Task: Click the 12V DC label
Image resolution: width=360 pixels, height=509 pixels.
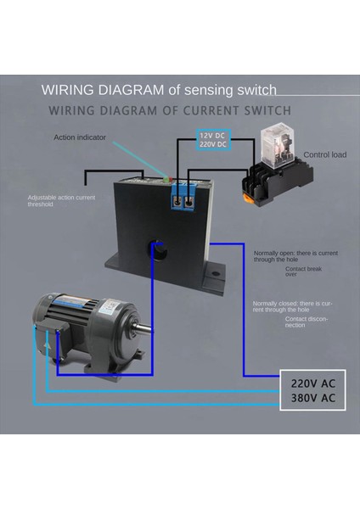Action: (x=212, y=136)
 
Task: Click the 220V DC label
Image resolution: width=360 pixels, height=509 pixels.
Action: (x=212, y=144)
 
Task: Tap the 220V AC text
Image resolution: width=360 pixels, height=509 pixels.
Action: (x=312, y=383)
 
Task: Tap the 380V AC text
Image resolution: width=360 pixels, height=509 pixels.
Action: (x=312, y=398)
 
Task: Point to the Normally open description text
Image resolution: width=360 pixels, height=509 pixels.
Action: (x=289, y=255)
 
